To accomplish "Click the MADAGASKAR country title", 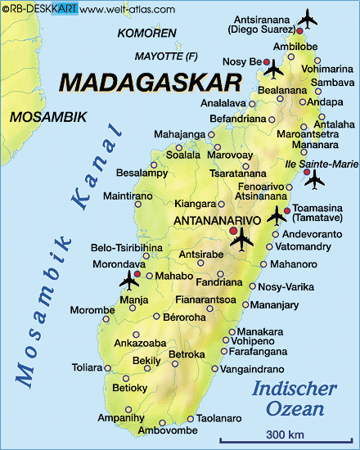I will pos(151,83).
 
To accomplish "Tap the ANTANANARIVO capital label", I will pos(217,221).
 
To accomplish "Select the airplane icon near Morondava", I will pos(129,281).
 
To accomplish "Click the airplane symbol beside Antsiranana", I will pos(308,17).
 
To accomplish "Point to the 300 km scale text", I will pos(270,432).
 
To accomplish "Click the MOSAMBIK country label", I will pos(48,117).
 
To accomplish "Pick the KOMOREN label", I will pos(146,34).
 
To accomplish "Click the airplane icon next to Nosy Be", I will pos(273,67).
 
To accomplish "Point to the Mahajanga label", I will pos(179,133).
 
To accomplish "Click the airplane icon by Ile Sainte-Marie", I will pos(313,179).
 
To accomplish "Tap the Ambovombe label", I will pos(165,430).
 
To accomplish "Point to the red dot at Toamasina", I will pos(286,210).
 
